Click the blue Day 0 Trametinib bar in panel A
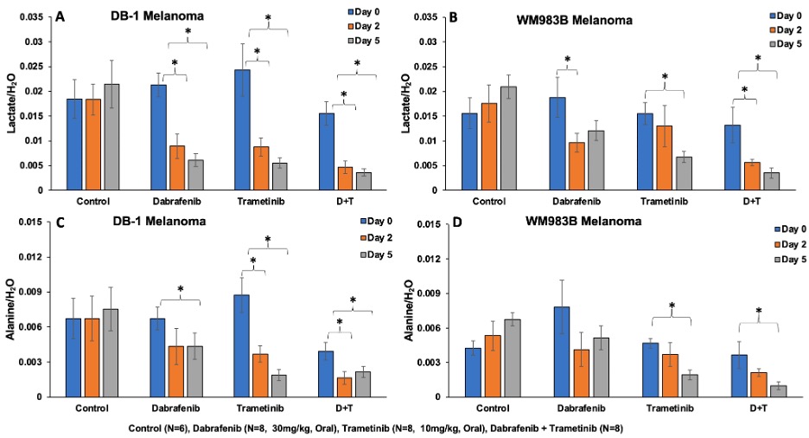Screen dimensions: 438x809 (243, 130)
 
